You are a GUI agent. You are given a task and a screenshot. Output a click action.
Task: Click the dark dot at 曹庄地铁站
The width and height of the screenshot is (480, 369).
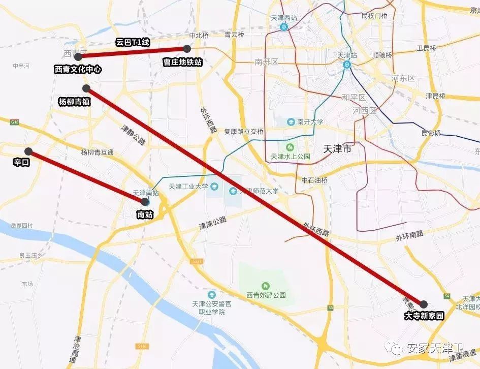click(x=187, y=49)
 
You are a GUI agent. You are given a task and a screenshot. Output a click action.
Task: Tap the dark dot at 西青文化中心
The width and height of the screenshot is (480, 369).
click(x=78, y=56)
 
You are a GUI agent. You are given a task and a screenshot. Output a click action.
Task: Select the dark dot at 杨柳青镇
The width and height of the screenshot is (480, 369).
click(x=86, y=88)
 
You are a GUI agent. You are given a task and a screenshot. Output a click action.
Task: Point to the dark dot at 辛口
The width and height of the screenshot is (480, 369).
click(x=28, y=151)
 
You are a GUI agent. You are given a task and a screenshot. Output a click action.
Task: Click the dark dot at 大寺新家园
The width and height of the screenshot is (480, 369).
click(x=424, y=304)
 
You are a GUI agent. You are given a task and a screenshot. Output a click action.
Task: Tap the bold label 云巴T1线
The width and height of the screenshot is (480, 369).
click(x=131, y=42)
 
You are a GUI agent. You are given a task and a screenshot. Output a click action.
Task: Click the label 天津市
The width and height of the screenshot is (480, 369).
click(x=337, y=150)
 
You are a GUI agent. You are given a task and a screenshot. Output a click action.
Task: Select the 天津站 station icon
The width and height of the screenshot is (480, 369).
click(x=347, y=65)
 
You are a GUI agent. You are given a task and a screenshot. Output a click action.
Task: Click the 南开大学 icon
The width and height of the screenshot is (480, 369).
click(x=291, y=122)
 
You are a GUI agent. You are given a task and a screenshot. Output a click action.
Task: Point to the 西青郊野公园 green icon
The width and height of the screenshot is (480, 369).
click(x=265, y=286)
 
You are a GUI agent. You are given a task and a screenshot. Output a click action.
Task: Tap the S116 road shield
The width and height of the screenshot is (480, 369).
click(x=143, y=346)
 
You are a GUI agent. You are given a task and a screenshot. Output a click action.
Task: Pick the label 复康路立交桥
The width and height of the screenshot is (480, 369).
click(x=244, y=132)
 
